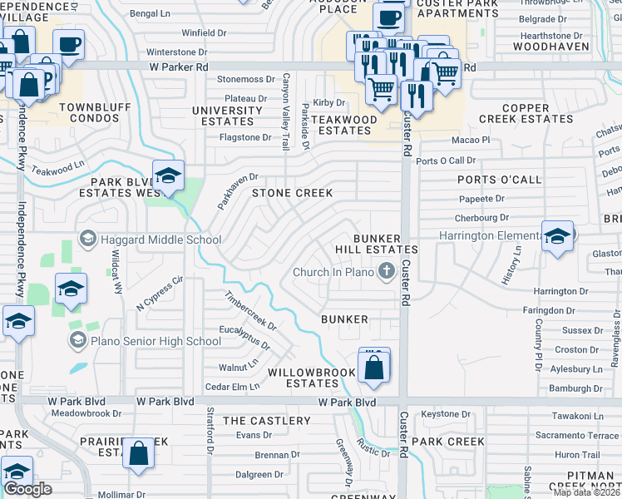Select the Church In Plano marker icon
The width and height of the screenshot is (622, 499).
[386, 271]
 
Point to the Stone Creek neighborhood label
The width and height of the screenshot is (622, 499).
[293, 193]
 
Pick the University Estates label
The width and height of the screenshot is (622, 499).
[228, 116]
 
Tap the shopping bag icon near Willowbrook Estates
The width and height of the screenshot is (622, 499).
[374, 367]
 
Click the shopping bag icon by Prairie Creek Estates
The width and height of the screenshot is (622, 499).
[139, 454]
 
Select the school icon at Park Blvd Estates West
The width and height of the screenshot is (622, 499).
[168, 175]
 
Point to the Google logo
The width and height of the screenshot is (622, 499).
[27, 489]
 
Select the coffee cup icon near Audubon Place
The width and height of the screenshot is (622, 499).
[388, 17]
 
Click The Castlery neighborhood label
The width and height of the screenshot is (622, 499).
[266, 421]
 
